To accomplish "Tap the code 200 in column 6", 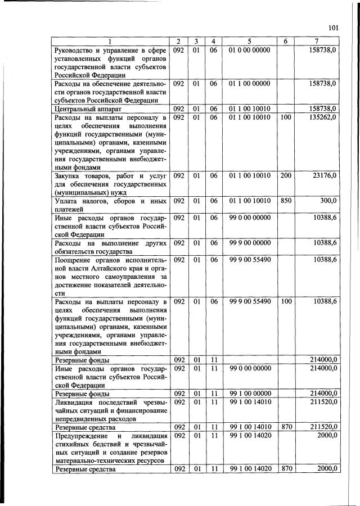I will (x=286, y=176).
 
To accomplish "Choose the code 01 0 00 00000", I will (x=250, y=50).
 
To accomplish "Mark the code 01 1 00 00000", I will (x=250, y=83).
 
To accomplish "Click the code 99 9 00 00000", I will (x=250, y=242).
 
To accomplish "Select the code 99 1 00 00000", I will (x=250, y=393).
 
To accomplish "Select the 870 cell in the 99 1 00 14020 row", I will (x=286, y=468).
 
